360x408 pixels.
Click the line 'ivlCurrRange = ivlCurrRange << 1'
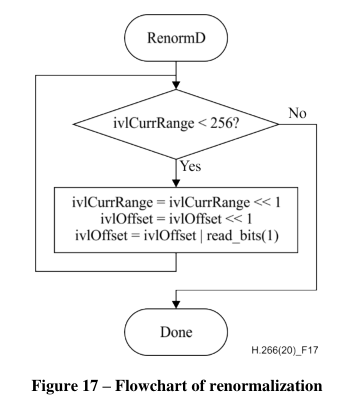pyautogui.click(x=176, y=200)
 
